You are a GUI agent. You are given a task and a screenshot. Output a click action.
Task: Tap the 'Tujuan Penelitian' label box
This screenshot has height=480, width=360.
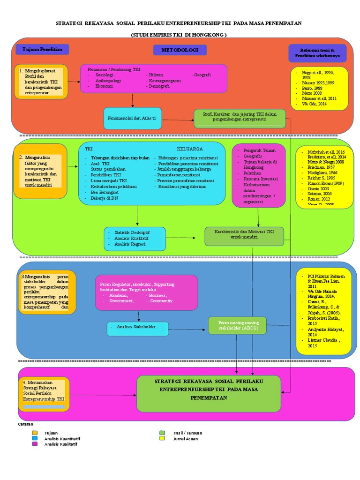42,50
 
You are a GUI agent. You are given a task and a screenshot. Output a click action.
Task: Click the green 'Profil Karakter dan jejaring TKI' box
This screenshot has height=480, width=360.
240,117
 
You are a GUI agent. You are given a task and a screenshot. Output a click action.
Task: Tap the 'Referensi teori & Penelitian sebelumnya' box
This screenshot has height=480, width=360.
318,53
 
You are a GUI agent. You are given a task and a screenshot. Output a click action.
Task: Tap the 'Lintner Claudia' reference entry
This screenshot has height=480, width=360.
320,340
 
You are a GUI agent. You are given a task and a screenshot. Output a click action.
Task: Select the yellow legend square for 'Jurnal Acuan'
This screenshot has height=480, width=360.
162,439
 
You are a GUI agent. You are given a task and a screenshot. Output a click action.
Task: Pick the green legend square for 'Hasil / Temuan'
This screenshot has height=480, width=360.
162,433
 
